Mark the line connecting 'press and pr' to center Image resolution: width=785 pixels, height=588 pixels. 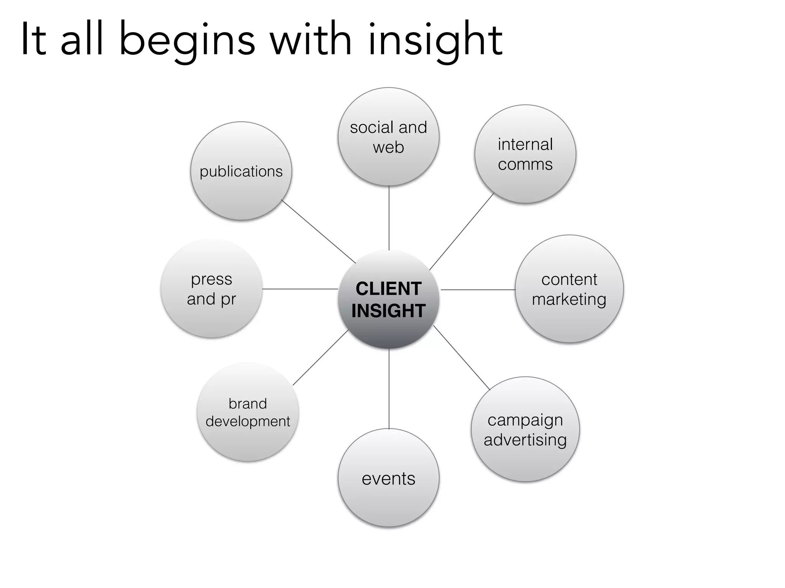click(300, 289)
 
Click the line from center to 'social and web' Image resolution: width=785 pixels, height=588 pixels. click(389, 218)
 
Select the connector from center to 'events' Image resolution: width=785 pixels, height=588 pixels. click(389, 389)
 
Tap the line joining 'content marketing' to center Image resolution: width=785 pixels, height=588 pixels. click(478, 290)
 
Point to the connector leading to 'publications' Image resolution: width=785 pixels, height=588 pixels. click(319, 232)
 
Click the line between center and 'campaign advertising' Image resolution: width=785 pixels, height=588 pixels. click(461, 358)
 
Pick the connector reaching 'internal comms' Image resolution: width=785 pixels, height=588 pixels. click(461, 232)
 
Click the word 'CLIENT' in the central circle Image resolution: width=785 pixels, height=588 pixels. click(389, 289)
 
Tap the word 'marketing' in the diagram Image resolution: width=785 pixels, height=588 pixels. click(569, 299)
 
